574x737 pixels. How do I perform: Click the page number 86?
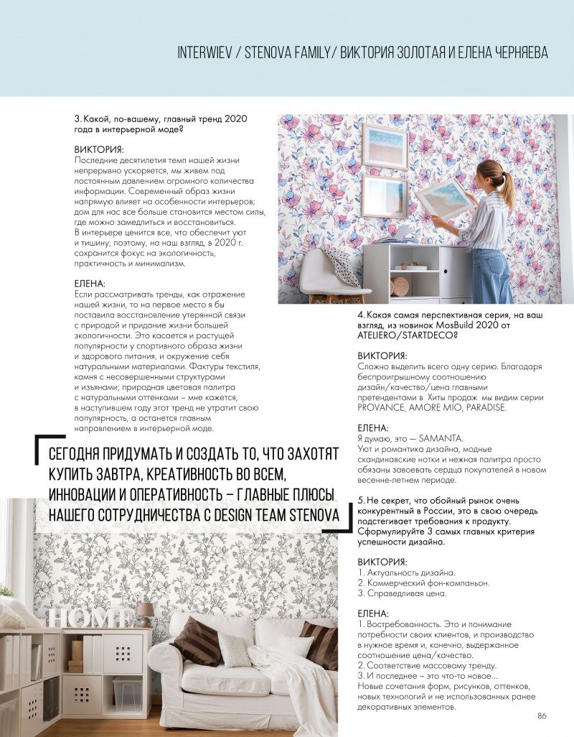[x=542, y=715]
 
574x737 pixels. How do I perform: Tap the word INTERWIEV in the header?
[x=207, y=54]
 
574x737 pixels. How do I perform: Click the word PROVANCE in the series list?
[x=382, y=407]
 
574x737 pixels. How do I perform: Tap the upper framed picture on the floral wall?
[x=385, y=146]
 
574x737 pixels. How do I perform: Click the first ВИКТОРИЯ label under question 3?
[x=99, y=149]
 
